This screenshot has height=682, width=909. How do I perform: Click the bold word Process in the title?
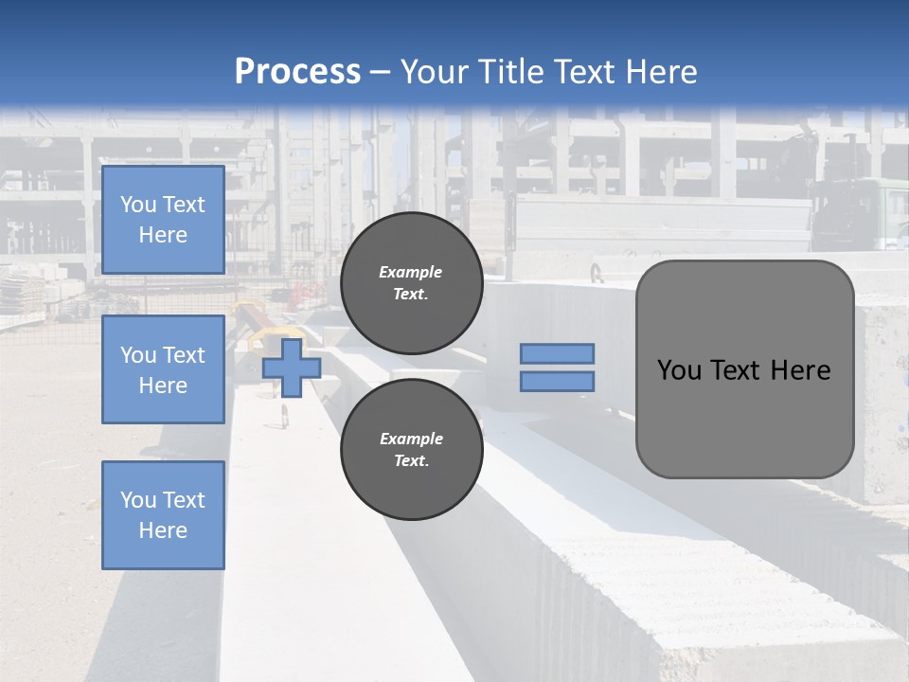pos(297,71)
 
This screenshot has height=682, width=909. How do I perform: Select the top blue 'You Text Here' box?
pos(163,220)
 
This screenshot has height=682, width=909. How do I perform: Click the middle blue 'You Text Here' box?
pos(163,369)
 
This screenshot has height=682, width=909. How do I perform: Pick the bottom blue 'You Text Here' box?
pos(163,515)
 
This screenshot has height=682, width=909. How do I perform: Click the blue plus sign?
pos(292,368)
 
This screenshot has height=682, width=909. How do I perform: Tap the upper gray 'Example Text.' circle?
pos(411,283)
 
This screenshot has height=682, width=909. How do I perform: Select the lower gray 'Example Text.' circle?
pos(411,450)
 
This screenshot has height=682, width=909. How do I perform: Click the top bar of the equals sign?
pos(557,353)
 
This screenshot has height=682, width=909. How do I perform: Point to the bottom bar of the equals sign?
pos(557,381)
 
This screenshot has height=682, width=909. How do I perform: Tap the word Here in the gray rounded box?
pos(801,370)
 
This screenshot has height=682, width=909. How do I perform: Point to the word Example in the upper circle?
pos(411,272)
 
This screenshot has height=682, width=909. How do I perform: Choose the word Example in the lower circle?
pos(411,439)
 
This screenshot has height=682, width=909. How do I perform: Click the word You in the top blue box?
pos(138,205)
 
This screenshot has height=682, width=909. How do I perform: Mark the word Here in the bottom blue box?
pos(163,530)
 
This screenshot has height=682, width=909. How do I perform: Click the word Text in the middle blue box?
pos(184,355)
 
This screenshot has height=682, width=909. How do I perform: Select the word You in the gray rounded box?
pos(679,370)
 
